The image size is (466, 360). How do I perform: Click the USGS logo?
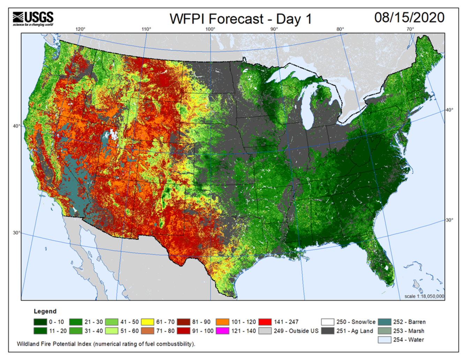(33, 18)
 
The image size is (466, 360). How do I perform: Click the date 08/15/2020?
(409, 18)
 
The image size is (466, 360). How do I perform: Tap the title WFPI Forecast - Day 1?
(240, 19)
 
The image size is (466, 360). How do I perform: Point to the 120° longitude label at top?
(80, 29)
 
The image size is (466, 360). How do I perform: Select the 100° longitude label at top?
(210, 29)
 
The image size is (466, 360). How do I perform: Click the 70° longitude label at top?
(410, 29)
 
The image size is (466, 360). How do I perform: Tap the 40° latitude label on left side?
(16, 126)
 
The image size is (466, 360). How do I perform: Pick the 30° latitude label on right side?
(449, 220)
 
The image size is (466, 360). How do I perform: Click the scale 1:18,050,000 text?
(424, 296)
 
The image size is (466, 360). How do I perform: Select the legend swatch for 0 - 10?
(40, 322)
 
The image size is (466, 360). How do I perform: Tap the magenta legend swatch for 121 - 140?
(223, 331)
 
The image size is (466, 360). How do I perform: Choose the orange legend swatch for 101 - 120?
(223, 322)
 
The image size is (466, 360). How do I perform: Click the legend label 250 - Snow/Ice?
(355, 322)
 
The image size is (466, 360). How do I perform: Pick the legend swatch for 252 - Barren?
(384, 322)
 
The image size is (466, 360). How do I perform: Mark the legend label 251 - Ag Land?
(354, 331)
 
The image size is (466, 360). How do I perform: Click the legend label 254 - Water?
(408, 339)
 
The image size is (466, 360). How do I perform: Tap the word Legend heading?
(45, 311)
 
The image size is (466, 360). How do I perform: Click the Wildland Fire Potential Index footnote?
(106, 344)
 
